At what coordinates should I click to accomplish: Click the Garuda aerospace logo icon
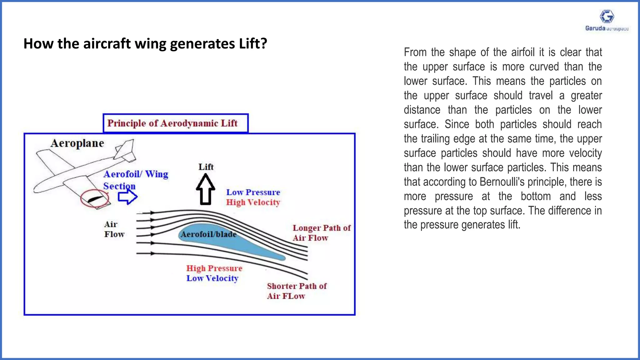tap(607, 16)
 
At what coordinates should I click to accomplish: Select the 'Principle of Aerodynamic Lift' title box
tap(176, 123)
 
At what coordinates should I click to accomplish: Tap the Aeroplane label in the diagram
tap(77, 143)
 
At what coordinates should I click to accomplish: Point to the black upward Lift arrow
tap(205, 190)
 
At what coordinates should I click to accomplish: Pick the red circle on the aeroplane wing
tap(94, 199)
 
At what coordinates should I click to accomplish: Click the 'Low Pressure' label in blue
tap(253, 192)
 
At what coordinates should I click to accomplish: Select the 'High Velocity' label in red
tap(253, 202)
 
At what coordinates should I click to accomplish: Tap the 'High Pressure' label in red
tap(214, 268)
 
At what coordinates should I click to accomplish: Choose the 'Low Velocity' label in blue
tap(212, 278)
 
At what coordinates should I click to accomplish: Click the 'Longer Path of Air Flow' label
tap(321, 233)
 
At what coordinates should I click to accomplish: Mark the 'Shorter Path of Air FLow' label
tap(297, 291)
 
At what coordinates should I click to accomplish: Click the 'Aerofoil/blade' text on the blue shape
tap(208, 234)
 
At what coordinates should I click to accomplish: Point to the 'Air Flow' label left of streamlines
tap(114, 229)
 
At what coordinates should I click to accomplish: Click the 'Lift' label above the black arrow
tap(206, 167)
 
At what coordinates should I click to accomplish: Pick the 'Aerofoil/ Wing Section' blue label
tap(136, 180)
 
